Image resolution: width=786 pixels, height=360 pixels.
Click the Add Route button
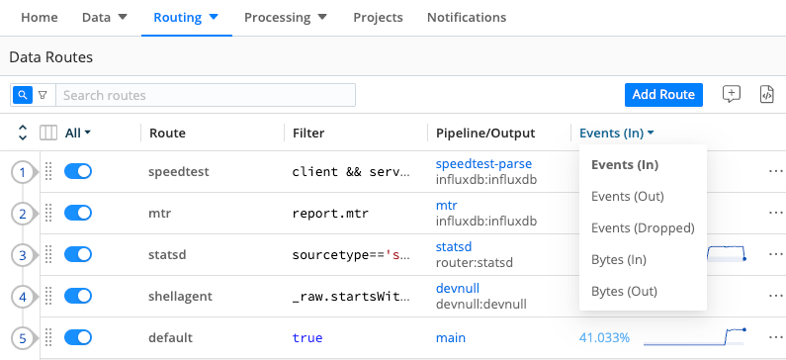click(663, 95)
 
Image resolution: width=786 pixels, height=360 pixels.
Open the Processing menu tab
click(286, 18)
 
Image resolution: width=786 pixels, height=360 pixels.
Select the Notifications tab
click(466, 18)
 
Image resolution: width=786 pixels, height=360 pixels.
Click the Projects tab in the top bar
click(378, 18)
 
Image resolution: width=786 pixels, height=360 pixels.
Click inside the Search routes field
click(205, 95)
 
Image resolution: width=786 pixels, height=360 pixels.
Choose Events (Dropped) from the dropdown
click(642, 227)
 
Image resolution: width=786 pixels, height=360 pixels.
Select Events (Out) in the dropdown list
click(627, 196)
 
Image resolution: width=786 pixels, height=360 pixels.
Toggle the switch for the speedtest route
click(78, 172)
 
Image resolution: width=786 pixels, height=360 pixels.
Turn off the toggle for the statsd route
click(78, 255)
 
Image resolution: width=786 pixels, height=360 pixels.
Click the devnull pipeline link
click(457, 288)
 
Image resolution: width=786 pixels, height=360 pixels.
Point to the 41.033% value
click(604, 338)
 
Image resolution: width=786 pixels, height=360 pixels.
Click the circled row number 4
click(23, 297)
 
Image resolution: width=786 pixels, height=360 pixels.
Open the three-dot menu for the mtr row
click(774, 214)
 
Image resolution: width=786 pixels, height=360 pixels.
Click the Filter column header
click(308, 133)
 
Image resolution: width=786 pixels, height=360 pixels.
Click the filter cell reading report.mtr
click(331, 214)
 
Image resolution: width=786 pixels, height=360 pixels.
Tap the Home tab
click(39, 18)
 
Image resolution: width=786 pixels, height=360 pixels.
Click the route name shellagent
click(182, 297)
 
